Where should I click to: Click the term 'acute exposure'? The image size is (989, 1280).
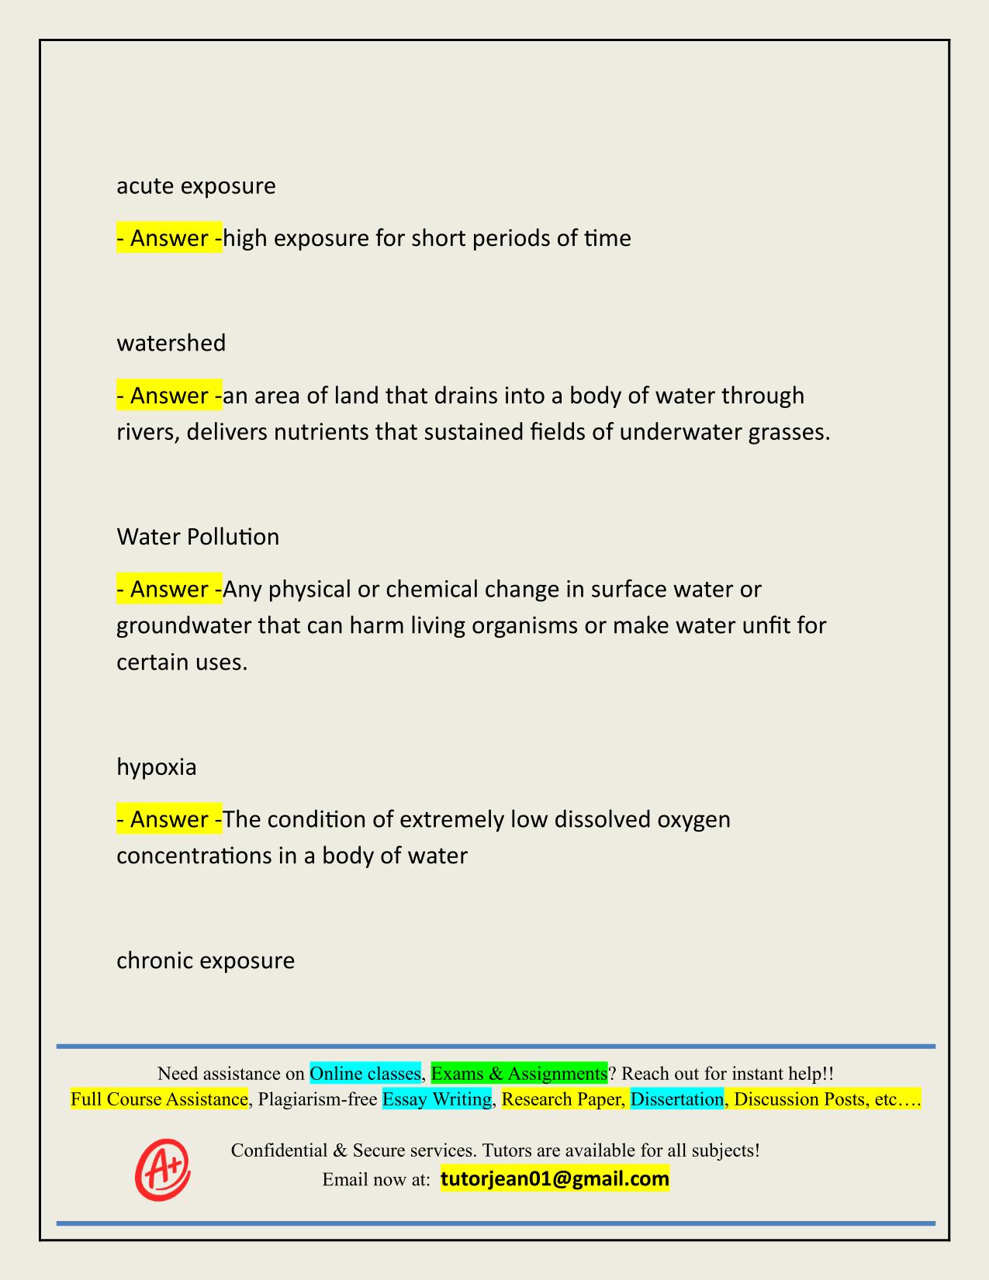point(195,186)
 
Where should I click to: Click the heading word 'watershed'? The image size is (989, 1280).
point(171,343)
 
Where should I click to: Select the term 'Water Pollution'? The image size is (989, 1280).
point(198,537)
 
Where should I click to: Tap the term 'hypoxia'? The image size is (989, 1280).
point(156,767)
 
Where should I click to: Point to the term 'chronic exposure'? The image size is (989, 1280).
point(206,960)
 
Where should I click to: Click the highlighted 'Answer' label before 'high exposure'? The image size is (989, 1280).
point(169,238)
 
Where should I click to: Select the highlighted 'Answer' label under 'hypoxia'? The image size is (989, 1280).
point(169,819)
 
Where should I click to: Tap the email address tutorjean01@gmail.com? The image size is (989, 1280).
point(555,1179)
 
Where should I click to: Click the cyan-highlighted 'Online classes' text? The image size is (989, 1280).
point(365,1074)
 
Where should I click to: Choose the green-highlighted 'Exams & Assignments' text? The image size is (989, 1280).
point(519,1074)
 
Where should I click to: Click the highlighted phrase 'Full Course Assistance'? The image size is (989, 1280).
point(159,1099)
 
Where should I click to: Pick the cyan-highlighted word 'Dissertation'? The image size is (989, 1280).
point(676,1099)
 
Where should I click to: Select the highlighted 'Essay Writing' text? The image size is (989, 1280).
point(437,1099)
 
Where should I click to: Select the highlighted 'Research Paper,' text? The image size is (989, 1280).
point(563,1099)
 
